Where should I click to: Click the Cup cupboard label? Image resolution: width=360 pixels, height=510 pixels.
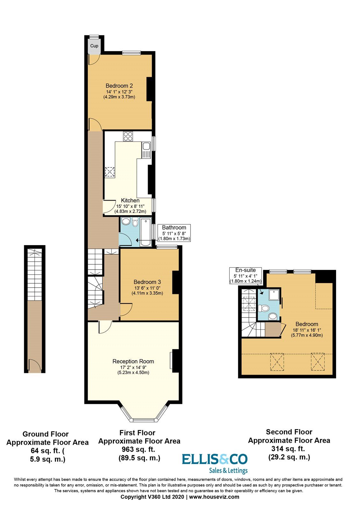click(x=94, y=46)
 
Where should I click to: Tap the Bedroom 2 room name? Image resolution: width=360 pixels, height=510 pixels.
click(x=119, y=86)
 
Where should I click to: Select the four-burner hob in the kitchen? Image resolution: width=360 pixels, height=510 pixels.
click(x=128, y=136)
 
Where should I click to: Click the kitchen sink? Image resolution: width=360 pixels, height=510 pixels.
click(x=146, y=150)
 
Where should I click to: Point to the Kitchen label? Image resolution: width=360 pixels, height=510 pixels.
click(x=130, y=200)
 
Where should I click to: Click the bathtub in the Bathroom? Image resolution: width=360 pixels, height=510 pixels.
click(x=146, y=231)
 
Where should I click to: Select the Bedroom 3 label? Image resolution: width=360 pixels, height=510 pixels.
click(x=147, y=282)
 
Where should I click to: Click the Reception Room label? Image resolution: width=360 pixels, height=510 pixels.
click(x=133, y=361)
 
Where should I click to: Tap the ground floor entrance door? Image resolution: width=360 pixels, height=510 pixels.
click(x=35, y=366)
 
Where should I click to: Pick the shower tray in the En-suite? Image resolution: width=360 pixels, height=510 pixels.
click(x=275, y=295)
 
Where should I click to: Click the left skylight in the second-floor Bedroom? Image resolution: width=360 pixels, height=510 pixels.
click(x=277, y=362)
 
